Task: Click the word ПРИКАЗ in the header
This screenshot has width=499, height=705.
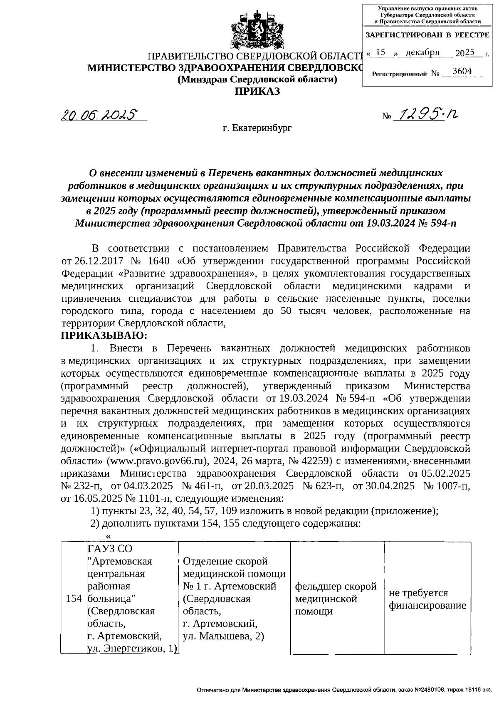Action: [257, 91]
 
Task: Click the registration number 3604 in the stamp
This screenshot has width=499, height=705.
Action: [462, 71]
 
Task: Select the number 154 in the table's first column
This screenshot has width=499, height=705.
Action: [74, 599]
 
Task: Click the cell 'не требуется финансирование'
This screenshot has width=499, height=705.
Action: [427, 599]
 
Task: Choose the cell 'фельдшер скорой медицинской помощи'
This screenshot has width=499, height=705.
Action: [336, 599]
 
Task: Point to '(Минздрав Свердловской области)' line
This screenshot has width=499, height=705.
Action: [257, 79]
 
